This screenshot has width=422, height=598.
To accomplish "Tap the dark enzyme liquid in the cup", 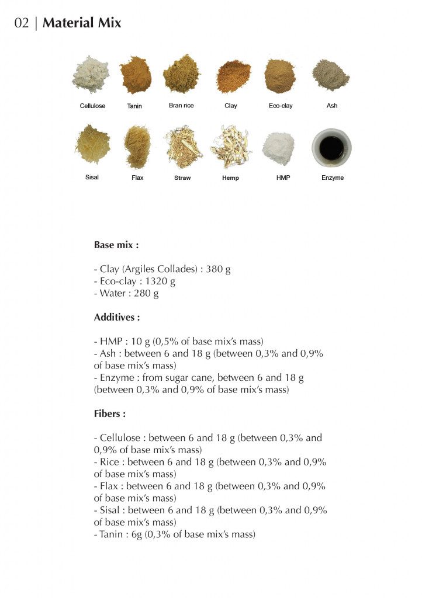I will tap(332, 148).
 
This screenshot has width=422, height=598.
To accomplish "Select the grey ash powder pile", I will tap(330, 75).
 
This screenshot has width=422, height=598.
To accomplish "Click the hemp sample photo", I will tap(230, 146).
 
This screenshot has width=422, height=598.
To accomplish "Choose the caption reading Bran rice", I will tap(181, 106).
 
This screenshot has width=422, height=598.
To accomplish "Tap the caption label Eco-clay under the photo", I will tap(281, 106).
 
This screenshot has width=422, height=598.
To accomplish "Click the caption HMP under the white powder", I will tap(283, 178).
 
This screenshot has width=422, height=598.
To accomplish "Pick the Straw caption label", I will tap(182, 178).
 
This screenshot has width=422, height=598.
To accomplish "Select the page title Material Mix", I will tap(82, 23).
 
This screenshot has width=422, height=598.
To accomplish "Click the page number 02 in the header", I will tap(22, 23).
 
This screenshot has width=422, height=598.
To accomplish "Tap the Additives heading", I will tap(117, 318).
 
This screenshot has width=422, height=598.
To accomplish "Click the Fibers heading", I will tap(110, 414).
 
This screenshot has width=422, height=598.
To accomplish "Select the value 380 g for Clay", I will tap(218, 270).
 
